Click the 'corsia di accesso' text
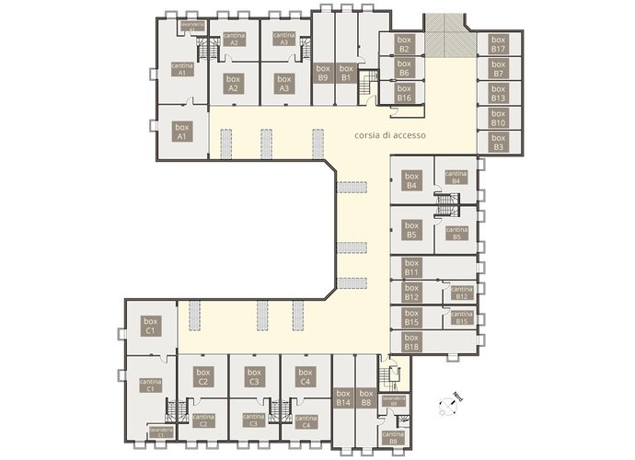point(388,135)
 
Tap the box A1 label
point(182,132)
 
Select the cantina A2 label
point(235,39)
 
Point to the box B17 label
point(498,44)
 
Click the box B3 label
point(498,142)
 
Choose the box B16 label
point(404,93)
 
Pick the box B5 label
point(411,230)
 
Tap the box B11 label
point(411,268)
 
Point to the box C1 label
point(149,325)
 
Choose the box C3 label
point(255,376)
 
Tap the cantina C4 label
point(306,421)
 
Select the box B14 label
point(343,398)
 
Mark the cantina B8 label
point(393,437)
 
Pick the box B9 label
point(323,74)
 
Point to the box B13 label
point(498,93)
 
